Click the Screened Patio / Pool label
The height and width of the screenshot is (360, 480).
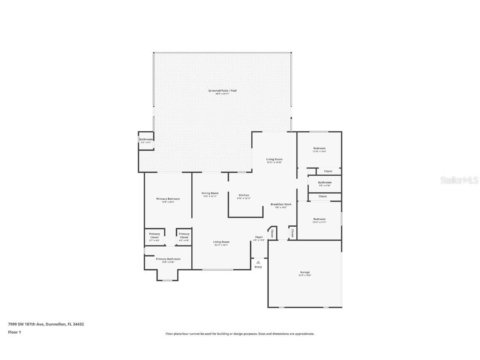pos(222,90)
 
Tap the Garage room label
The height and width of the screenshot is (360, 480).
pos(305,272)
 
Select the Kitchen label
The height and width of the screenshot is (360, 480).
pos(244,195)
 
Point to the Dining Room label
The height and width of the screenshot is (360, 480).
pos(210,193)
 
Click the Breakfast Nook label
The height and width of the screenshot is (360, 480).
pos(281,205)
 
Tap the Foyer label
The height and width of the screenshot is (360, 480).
pos(259,237)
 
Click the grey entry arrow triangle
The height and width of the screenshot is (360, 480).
pos(258,262)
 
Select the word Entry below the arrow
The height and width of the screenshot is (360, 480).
pos(258,267)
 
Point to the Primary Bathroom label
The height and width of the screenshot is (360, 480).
pos(168,259)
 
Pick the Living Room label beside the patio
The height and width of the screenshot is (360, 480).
pos(275,160)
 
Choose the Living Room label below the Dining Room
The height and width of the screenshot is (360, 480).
pos(221,242)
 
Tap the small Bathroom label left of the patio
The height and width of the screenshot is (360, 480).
pos(146,140)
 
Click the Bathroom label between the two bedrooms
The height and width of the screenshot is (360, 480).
pos(325,182)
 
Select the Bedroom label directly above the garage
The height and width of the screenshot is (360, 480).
pos(319,219)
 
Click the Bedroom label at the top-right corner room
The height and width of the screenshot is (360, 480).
pos(319,148)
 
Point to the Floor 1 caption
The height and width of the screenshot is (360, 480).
pos(14,332)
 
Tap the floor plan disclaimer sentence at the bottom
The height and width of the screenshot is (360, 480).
pos(240,334)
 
